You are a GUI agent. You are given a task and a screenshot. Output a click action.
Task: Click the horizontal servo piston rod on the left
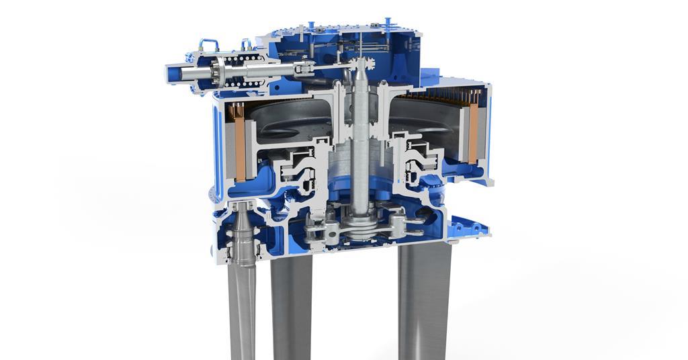[269, 70]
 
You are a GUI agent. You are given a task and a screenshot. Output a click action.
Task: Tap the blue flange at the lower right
[470, 227]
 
